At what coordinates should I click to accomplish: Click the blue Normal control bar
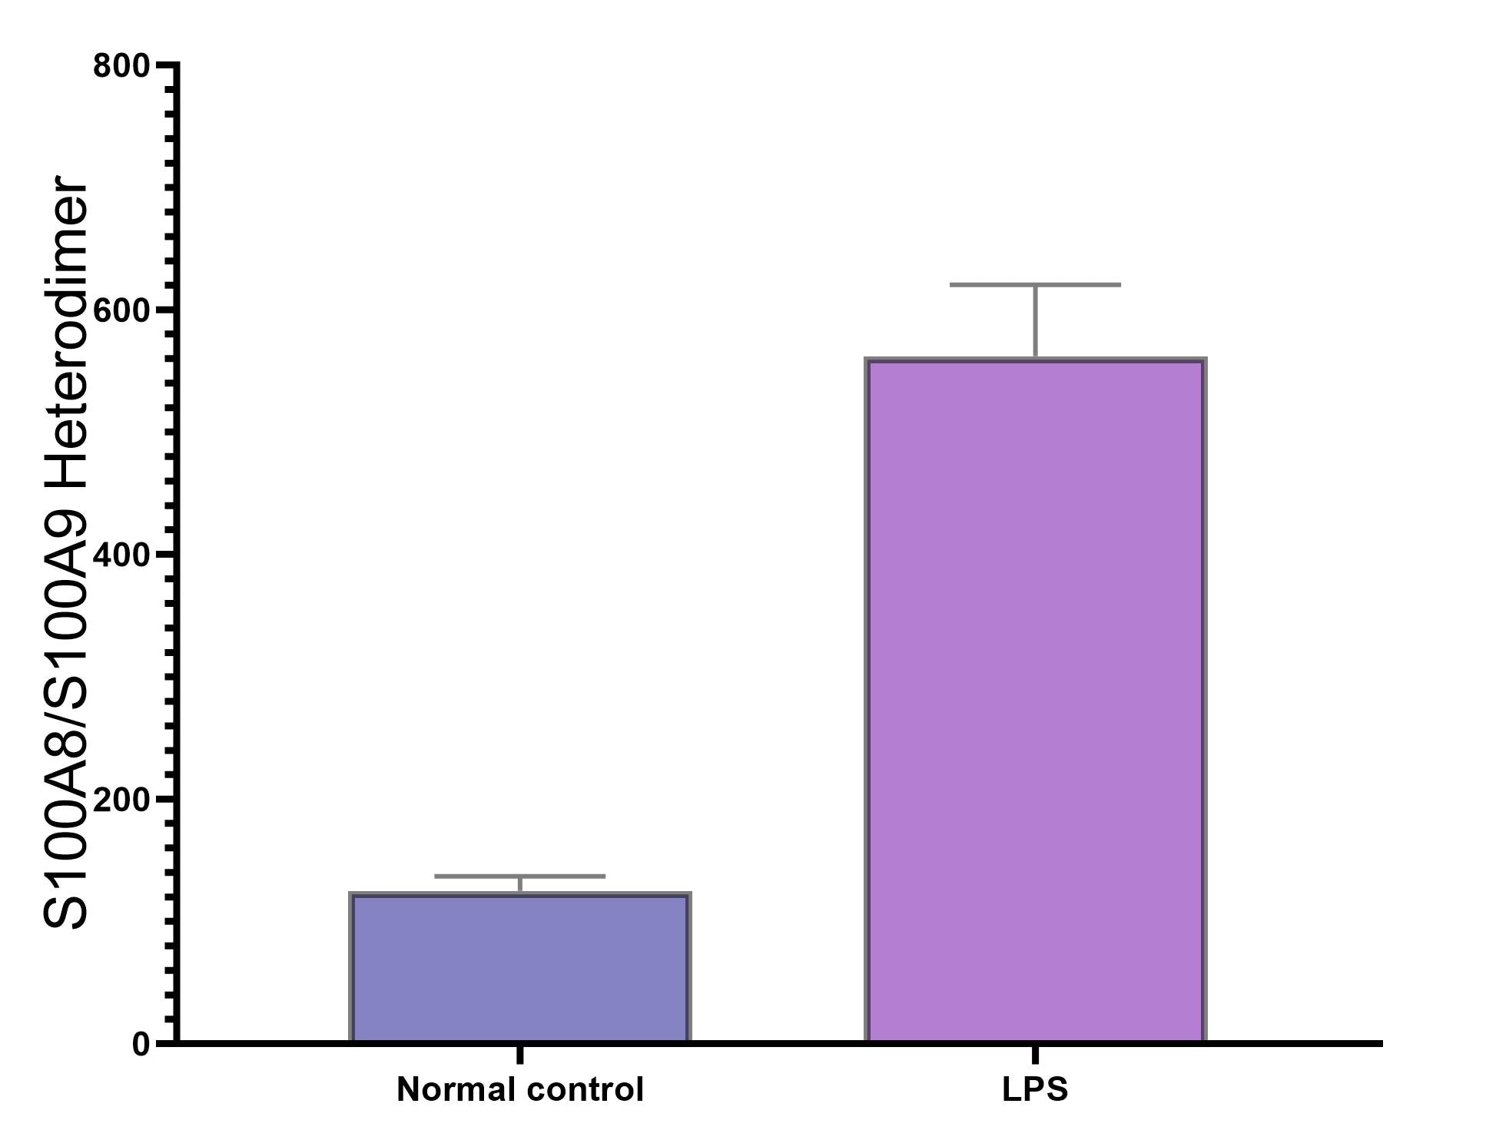coord(520,968)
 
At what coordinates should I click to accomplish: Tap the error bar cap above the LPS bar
coord(1035,285)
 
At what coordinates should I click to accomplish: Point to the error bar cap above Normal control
coord(520,876)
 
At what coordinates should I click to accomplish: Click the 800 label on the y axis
coord(121,66)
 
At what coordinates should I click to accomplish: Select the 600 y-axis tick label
coord(121,310)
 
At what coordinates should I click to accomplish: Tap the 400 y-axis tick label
coord(121,555)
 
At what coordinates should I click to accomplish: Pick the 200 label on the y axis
coord(121,800)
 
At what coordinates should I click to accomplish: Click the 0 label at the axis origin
coord(141,1044)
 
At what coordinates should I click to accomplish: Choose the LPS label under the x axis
coord(1035,1090)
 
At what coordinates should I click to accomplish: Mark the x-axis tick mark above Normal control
coord(520,1054)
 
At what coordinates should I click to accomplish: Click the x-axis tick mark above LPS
coord(1035,1054)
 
